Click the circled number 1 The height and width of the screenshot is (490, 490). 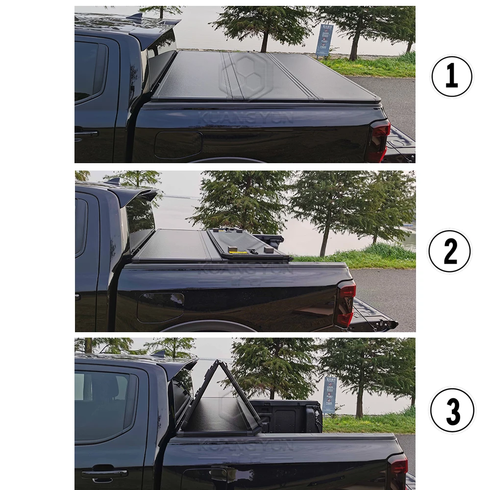pos(451,77)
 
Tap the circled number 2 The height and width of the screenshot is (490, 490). pos(449,251)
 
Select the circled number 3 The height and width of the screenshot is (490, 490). pos(452,410)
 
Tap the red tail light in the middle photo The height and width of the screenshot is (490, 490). pos(346,304)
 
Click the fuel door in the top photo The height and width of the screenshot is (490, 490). pos(178,145)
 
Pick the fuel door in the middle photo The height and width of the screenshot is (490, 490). pos(160,308)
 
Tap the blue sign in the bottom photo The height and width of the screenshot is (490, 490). pos(329,395)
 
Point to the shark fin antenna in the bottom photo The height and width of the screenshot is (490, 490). pos(158,354)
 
